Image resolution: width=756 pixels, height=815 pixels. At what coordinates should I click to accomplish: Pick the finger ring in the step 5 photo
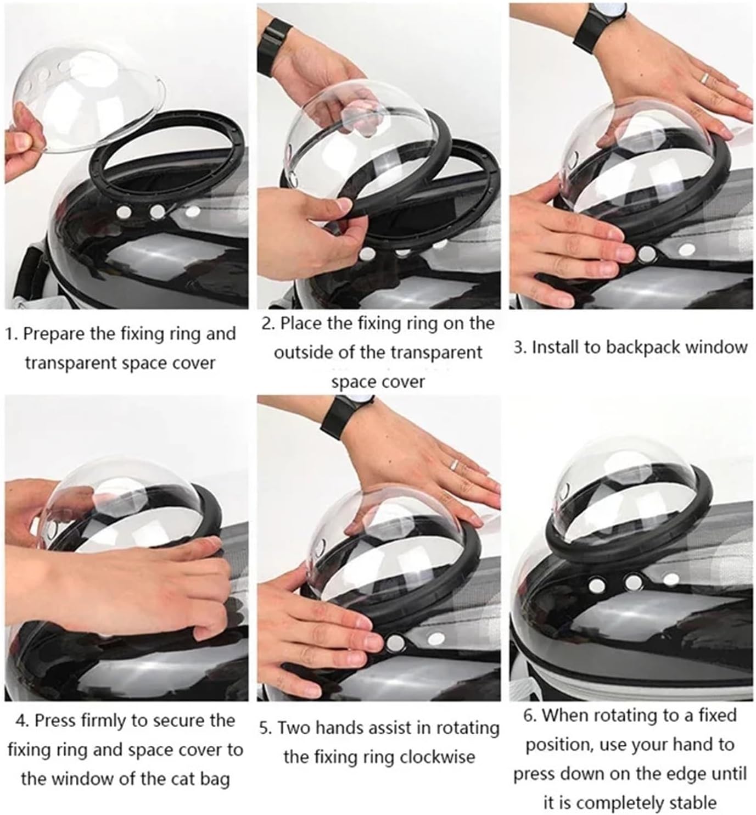pyautogui.click(x=453, y=465)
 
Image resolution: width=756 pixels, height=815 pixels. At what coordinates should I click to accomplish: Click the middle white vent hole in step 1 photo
pyautogui.click(x=158, y=210)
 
